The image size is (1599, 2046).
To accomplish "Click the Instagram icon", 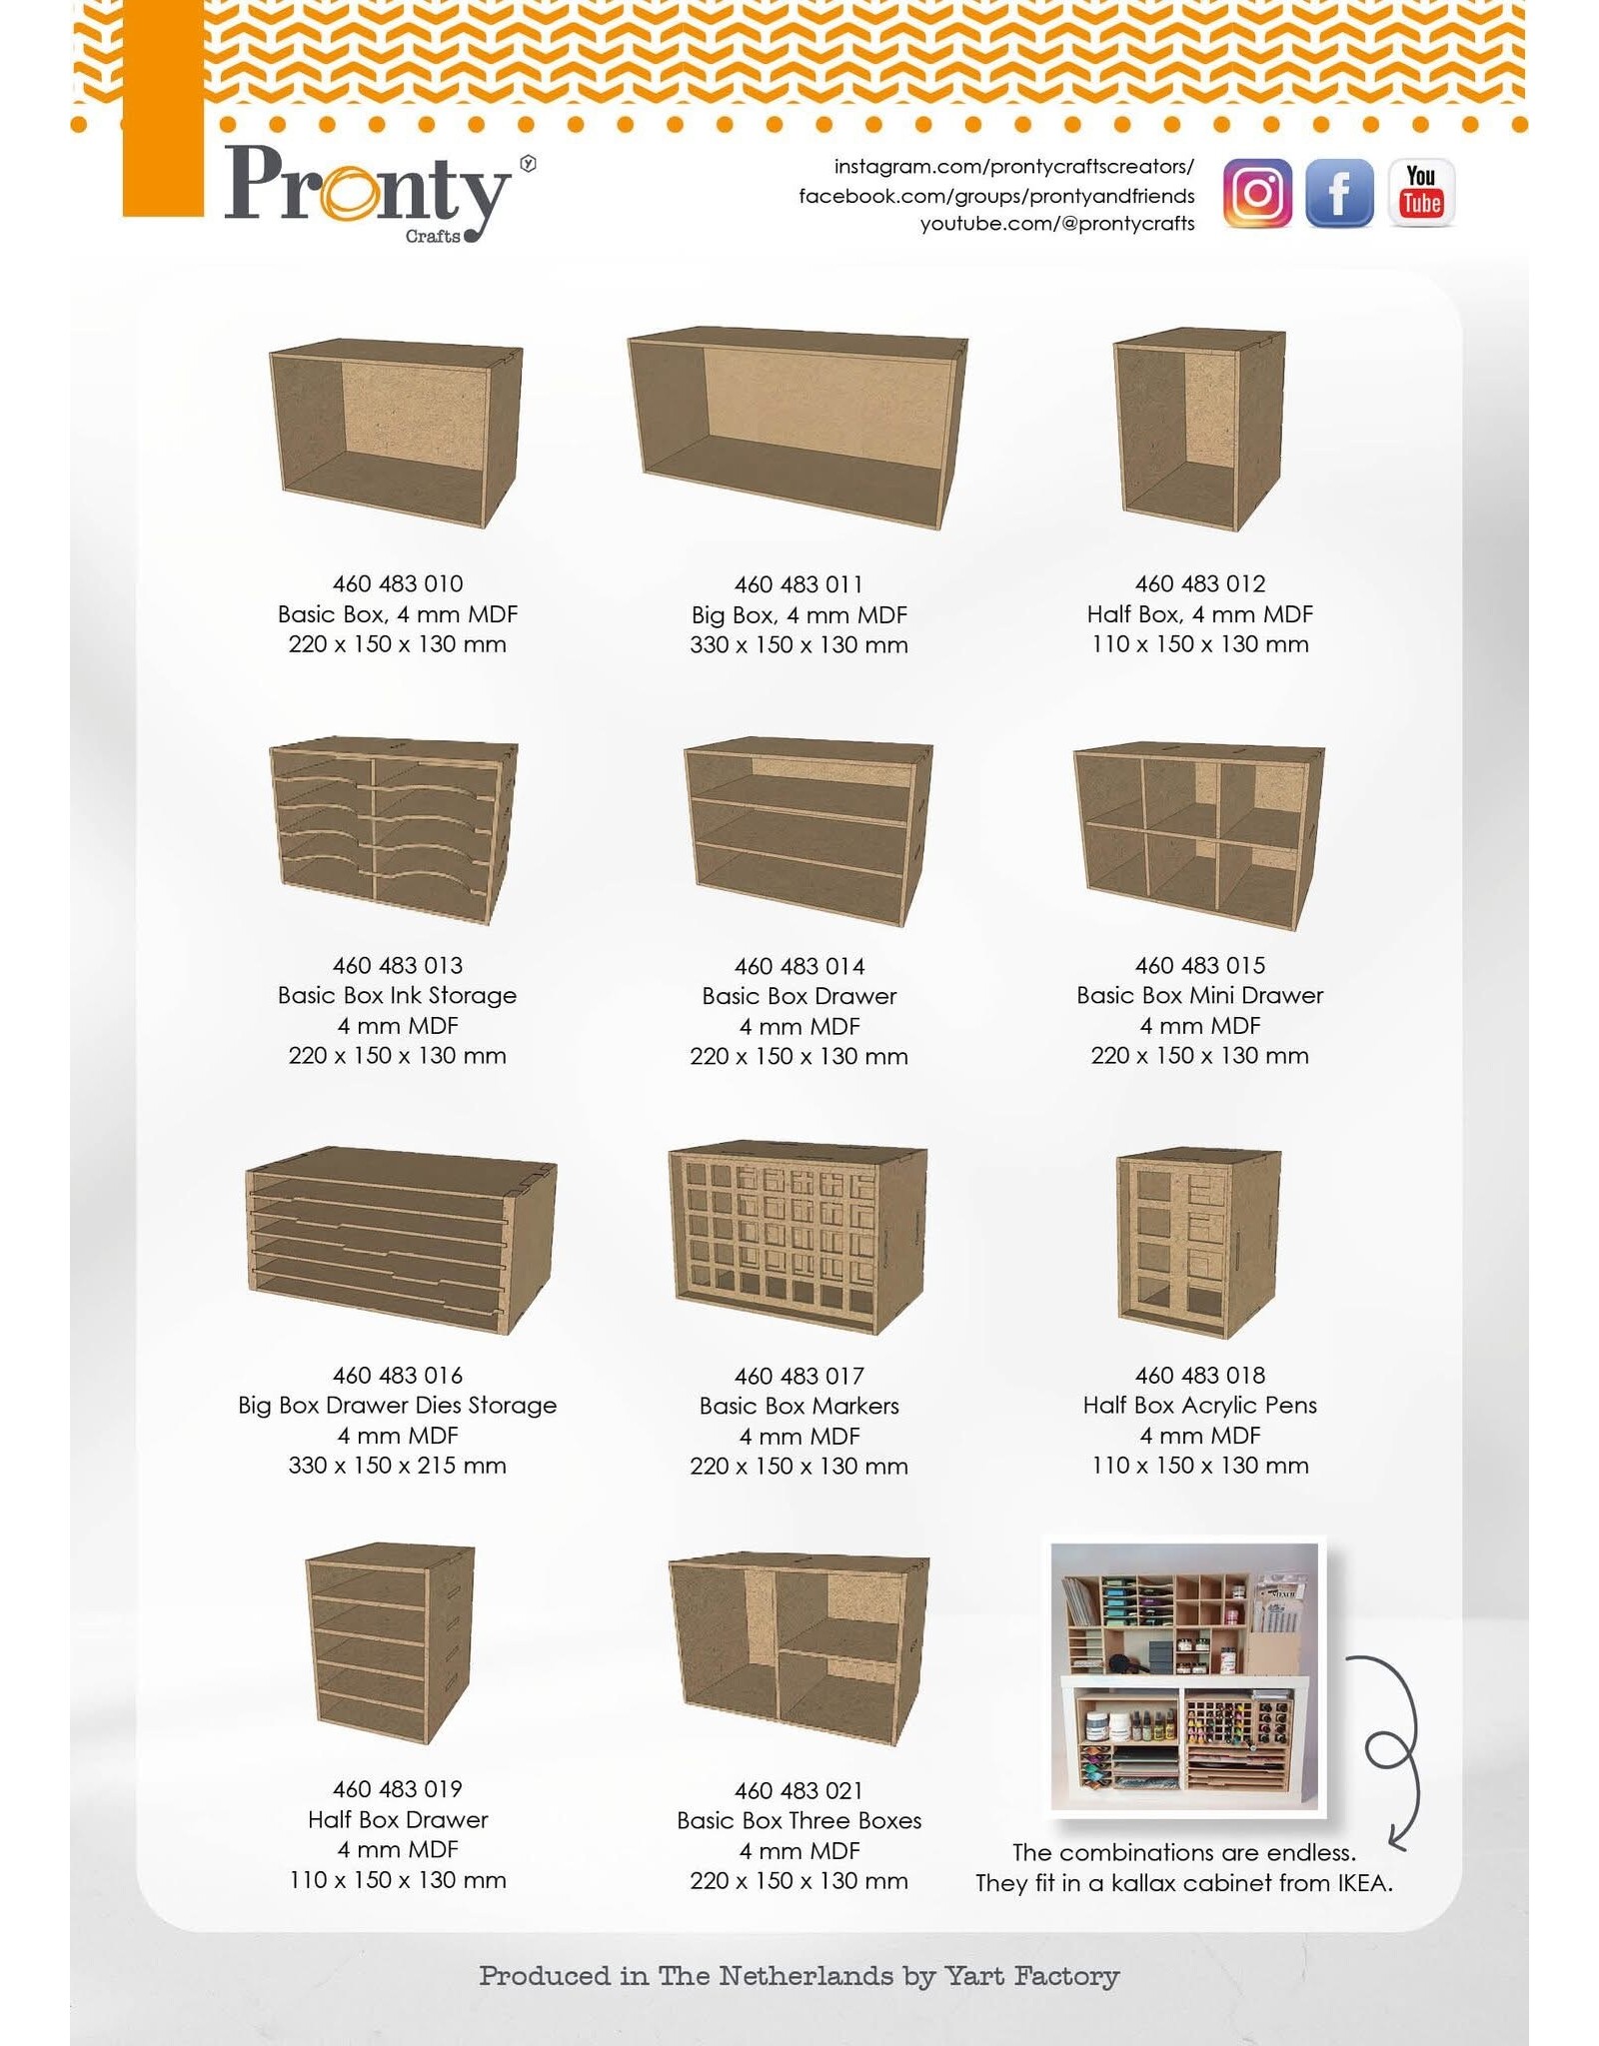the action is pos(1257,193).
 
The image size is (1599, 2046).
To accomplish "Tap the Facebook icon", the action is pos(1339,193).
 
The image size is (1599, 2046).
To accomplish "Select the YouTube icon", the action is pos(1421,193).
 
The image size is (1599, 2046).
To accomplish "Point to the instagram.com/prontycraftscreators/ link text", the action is pos(1014,167).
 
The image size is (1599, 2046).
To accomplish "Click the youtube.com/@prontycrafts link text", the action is pos(1057,224).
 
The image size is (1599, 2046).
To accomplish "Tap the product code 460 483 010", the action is pos(398,583).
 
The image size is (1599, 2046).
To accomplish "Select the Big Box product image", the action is pos(798,428).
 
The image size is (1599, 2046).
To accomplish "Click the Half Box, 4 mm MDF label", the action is pos(1200,614).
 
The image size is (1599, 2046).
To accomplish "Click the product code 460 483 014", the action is pos(799,966).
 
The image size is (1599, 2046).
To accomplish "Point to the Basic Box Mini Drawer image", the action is pos(1199,835).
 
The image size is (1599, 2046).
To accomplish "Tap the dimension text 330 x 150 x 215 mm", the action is pos(398,1466).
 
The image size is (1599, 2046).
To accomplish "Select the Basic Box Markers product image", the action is pos(798,1237).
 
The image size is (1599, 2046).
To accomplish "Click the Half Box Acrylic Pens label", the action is pos(1200,1406).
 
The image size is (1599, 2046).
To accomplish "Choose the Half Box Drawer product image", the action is pos(390,1644).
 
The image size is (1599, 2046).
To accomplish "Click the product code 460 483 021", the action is pos(799,1790).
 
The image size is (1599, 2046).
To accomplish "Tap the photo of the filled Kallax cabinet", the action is pos(1185,1677).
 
